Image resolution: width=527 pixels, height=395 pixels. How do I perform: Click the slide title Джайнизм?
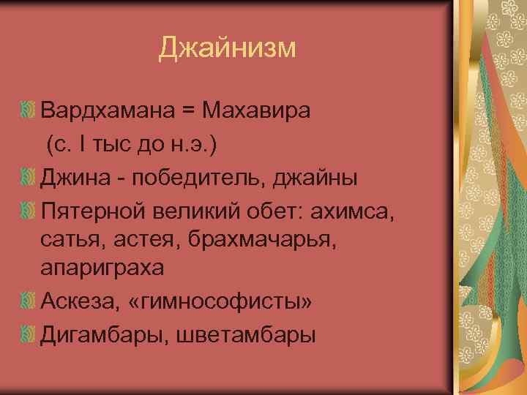pyautogui.click(x=228, y=48)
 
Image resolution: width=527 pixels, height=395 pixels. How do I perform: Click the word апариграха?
pyautogui.click(x=102, y=268)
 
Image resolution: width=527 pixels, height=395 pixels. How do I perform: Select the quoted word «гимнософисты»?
pyautogui.click(x=223, y=301)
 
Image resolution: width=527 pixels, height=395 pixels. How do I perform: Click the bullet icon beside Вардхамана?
pyautogui.click(x=29, y=111)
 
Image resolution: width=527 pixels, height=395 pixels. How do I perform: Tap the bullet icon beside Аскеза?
pyautogui.click(x=29, y=301)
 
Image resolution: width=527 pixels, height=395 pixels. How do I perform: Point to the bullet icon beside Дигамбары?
pyautogui.click(x=29, y=334)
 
